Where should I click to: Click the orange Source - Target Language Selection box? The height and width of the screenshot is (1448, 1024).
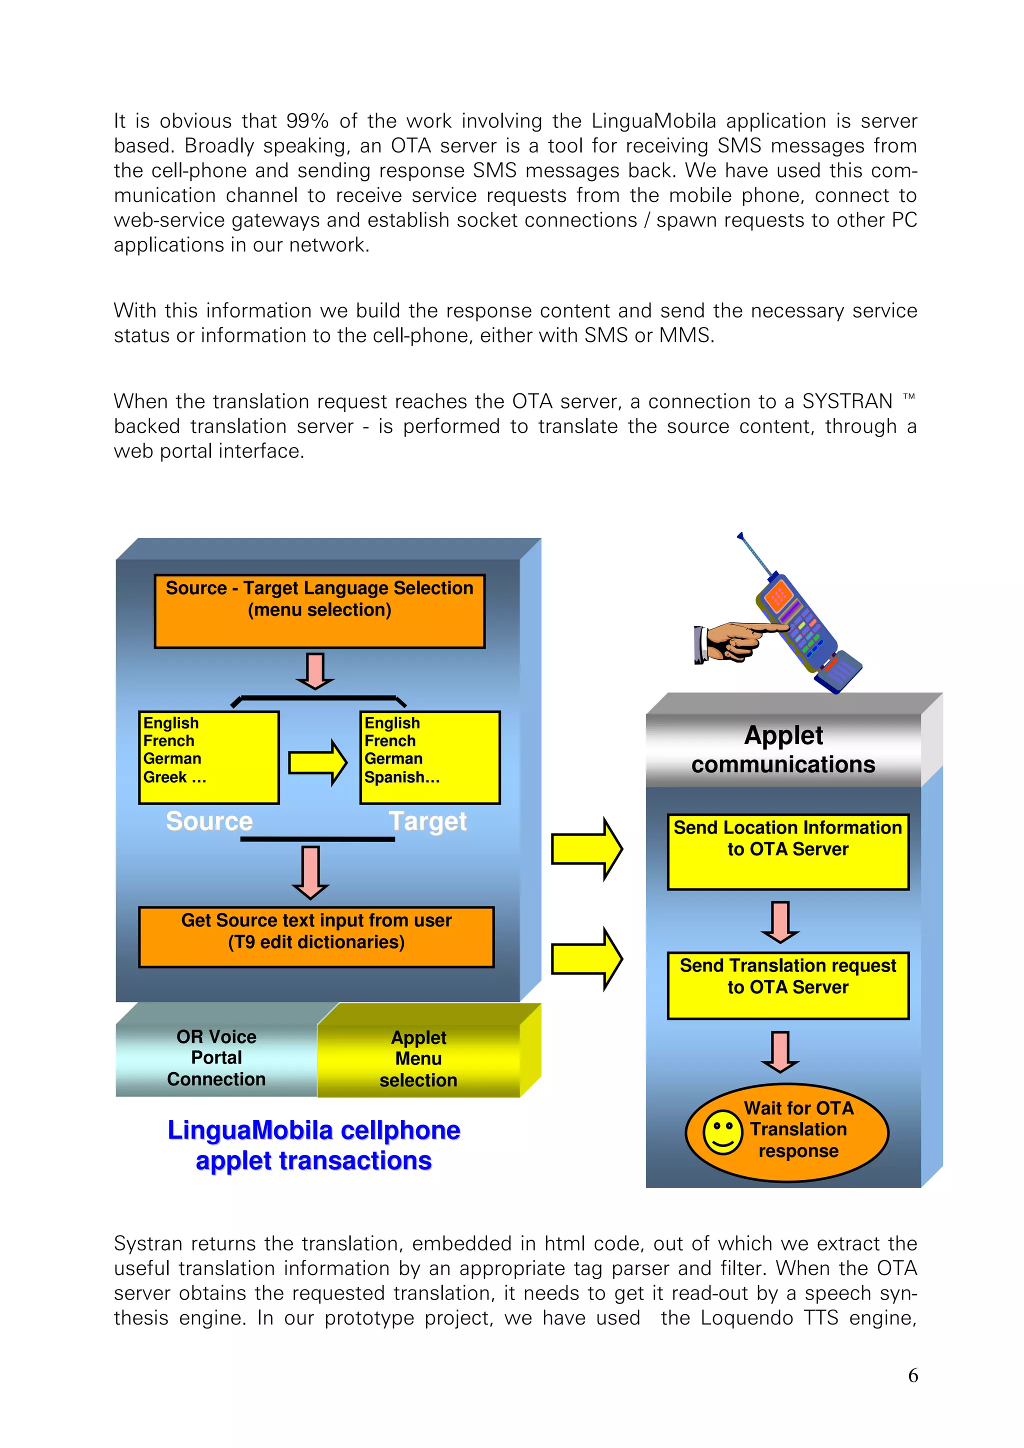pos(319,610)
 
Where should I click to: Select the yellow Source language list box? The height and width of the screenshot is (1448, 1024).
pos(208,757)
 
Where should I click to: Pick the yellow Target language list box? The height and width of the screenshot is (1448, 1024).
pos(429,757)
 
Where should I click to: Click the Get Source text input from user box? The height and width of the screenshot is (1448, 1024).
pos(316,936)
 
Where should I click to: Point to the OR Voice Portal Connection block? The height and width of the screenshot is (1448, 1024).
pos(216,1057)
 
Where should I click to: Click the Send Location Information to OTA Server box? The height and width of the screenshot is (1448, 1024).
pos(787,851)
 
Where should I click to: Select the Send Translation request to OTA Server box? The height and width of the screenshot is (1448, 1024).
pos(787,985)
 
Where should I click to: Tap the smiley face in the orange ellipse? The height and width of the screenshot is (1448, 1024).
pos(722,1132)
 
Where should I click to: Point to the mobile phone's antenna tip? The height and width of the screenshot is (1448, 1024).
pos(740,536)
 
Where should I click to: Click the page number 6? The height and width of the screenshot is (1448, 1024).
pos(912,1375)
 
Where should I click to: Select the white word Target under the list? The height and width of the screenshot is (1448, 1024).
pos(427,821)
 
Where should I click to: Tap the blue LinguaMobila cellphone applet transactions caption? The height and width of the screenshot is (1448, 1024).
pos(313,1144)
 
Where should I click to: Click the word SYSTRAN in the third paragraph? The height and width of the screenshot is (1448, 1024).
pos(847,401)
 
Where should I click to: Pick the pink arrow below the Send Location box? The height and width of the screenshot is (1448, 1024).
pos(780,921)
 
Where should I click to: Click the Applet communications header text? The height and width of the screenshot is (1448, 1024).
pos(783,749)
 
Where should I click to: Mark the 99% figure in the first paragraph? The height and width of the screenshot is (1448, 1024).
pos(307,120)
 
